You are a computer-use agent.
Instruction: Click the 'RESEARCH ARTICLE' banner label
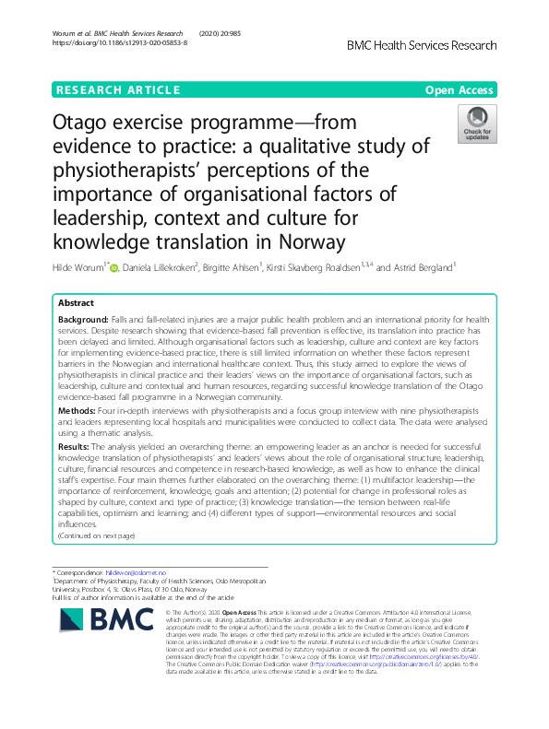118,90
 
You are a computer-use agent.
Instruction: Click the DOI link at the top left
120,43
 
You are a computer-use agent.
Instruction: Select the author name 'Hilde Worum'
78,267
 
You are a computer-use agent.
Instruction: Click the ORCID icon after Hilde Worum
115,267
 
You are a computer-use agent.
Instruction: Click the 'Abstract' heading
77,303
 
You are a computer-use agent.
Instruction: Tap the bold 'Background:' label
85,319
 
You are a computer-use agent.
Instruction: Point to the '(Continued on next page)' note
95,535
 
